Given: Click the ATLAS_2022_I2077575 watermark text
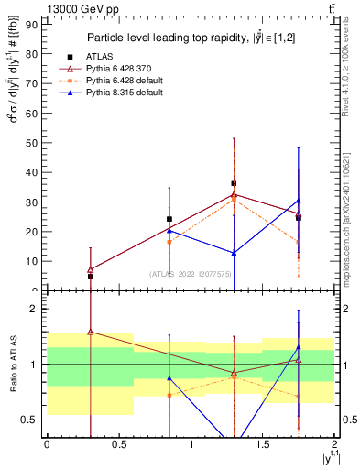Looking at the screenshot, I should click(x=189, y=273).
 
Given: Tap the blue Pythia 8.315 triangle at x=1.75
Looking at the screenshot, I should click(x=299, y=201).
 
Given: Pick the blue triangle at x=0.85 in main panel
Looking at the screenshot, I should click(x=169, y=231).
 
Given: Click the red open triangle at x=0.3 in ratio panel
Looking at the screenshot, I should click(x=90, y=332).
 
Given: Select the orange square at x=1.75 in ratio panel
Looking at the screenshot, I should click(x=299, y=397).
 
